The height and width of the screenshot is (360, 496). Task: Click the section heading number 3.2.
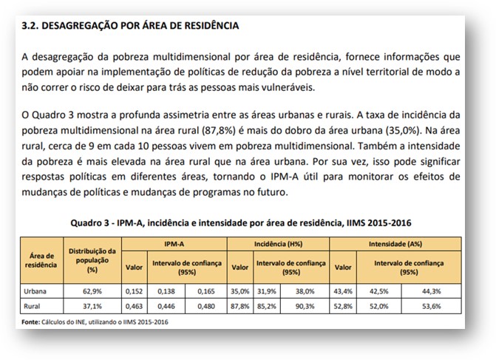(31, 25)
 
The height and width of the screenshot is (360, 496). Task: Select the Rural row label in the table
(32, 305)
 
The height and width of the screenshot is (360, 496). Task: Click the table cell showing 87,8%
(239, 305)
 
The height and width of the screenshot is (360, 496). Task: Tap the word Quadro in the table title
(86, 223)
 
